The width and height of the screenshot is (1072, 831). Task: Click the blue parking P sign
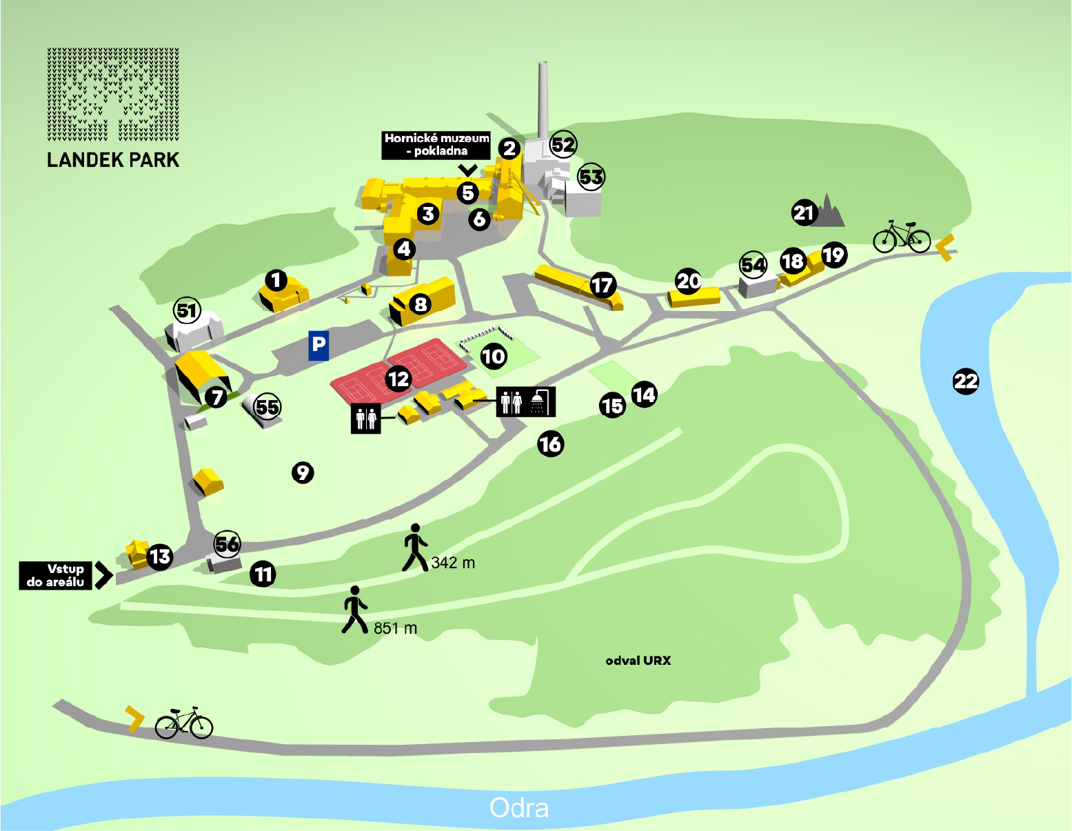coord(318,345)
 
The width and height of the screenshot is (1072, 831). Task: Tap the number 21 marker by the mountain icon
coord(804,213)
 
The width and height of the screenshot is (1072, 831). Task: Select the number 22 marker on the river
coord(965,381)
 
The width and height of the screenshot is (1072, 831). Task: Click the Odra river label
coord(518,808)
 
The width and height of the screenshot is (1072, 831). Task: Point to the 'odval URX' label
coord(638,661)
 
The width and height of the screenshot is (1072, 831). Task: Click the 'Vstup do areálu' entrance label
coord(56,576)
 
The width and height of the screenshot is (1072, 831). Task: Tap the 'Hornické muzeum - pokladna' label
coord(436,145)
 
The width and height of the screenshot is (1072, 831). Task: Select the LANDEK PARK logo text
coord(113,160)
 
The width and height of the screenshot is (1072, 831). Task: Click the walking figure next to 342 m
coord(415,548)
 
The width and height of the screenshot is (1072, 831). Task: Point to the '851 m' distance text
coord(395,628)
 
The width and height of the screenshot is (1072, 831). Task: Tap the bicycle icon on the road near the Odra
coord(184,723)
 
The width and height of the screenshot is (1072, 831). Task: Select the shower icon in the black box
coord(538,402)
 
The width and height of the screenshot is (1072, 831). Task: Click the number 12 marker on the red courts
coord(398,379)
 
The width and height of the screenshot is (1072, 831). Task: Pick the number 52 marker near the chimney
coord(563,145)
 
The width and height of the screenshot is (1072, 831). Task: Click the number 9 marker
coord(303,472)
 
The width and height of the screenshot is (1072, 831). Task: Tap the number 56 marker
coord(227,544)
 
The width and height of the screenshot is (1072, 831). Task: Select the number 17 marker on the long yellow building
coord(602,285)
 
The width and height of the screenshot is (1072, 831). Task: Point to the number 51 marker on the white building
coord(187,311)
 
